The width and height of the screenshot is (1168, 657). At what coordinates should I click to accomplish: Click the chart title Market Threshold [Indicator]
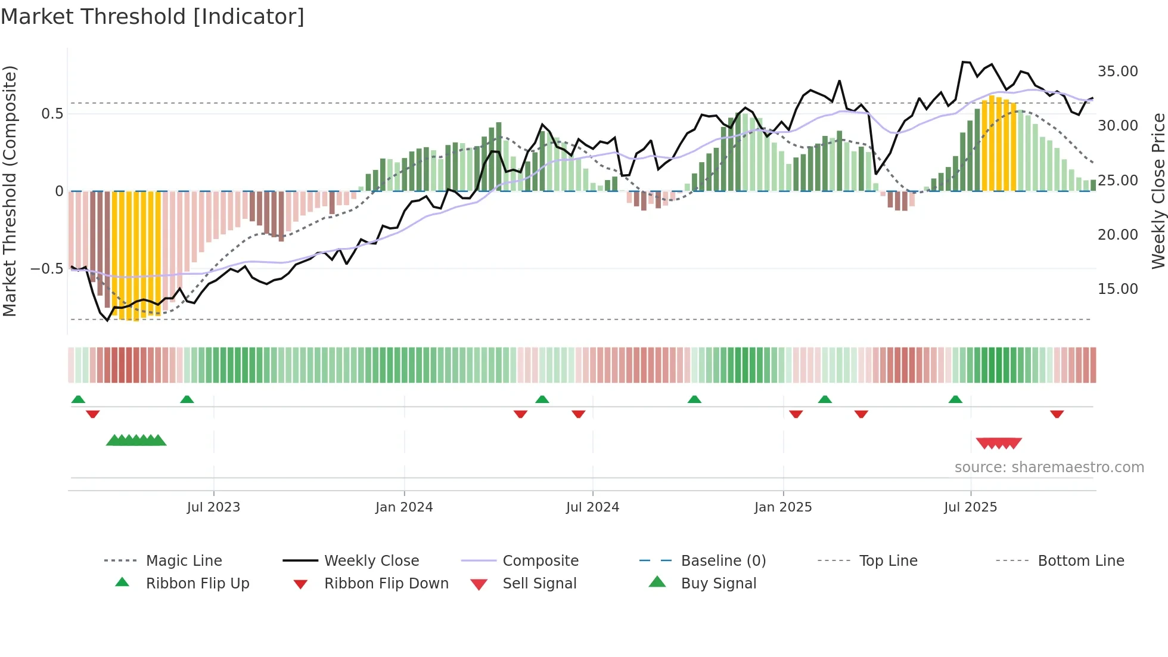153,17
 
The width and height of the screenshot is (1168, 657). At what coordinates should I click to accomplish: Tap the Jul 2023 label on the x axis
213,507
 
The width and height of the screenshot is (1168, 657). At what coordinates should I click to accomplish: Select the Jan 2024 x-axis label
404,507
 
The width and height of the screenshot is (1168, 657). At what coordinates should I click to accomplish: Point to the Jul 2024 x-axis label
592,507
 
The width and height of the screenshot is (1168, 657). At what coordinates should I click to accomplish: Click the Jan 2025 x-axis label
782,507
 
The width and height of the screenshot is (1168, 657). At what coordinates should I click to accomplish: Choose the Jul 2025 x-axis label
970,507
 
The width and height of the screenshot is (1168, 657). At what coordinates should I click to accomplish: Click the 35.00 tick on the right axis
1117,72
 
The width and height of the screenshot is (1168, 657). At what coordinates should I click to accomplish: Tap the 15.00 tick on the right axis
1117,289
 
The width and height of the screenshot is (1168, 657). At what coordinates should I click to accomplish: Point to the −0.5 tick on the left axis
46,269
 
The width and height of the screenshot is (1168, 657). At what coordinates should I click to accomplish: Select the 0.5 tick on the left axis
52,114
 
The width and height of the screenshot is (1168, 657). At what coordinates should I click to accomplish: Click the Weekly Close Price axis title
1158,191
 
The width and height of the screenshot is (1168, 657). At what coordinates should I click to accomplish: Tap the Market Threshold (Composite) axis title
10,191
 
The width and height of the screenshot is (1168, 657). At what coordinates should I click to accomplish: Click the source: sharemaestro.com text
1049,467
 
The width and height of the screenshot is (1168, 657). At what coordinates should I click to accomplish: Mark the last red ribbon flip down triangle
1057,414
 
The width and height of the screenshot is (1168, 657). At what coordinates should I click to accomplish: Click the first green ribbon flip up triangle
78,399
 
